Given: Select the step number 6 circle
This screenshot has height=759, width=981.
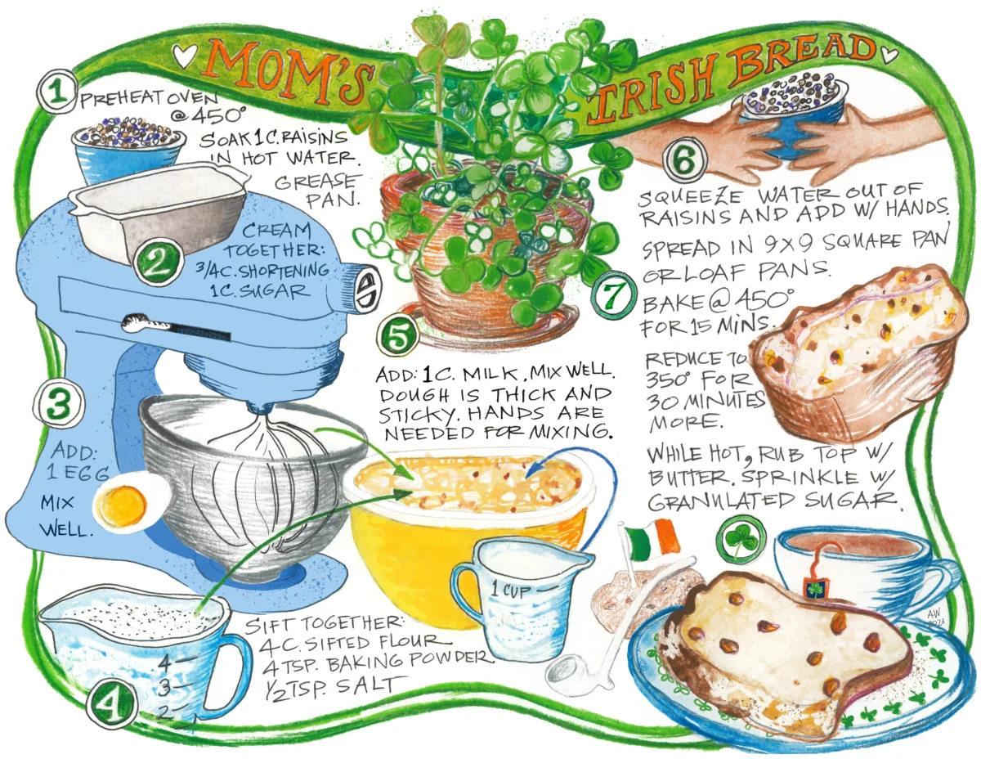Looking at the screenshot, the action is (x=684, y=160).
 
